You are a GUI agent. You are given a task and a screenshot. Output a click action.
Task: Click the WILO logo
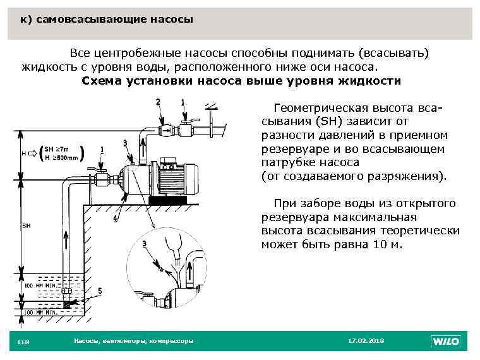445,341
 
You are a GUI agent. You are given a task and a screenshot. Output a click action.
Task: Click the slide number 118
24,342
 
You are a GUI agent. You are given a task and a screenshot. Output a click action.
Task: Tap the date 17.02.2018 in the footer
366,341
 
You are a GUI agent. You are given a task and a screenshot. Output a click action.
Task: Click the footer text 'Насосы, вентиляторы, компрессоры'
134,341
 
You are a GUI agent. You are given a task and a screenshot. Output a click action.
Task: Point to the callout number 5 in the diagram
99,291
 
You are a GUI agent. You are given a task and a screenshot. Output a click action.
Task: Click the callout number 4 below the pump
115,219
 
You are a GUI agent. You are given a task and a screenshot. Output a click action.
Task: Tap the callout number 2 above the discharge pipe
157,101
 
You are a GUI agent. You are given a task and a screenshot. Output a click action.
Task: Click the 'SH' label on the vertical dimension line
27,225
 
